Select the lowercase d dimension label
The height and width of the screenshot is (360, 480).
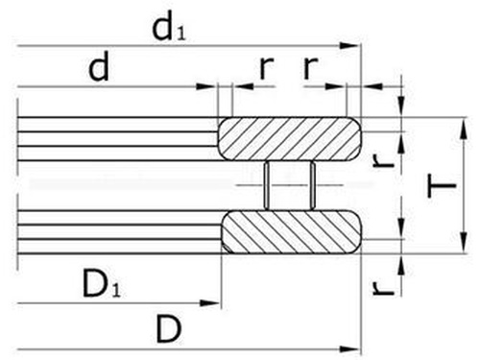[x=98, y=68]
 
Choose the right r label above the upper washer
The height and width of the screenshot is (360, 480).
[x=309, y=68]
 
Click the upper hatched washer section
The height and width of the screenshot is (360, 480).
[x=291, y=138]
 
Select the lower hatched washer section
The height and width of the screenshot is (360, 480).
[x=291, y=232]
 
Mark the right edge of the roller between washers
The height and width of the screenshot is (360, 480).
[x=313, y=184]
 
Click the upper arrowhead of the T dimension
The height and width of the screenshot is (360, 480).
[x=462, y=123]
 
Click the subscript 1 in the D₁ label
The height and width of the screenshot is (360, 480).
[x=118, y=291]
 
